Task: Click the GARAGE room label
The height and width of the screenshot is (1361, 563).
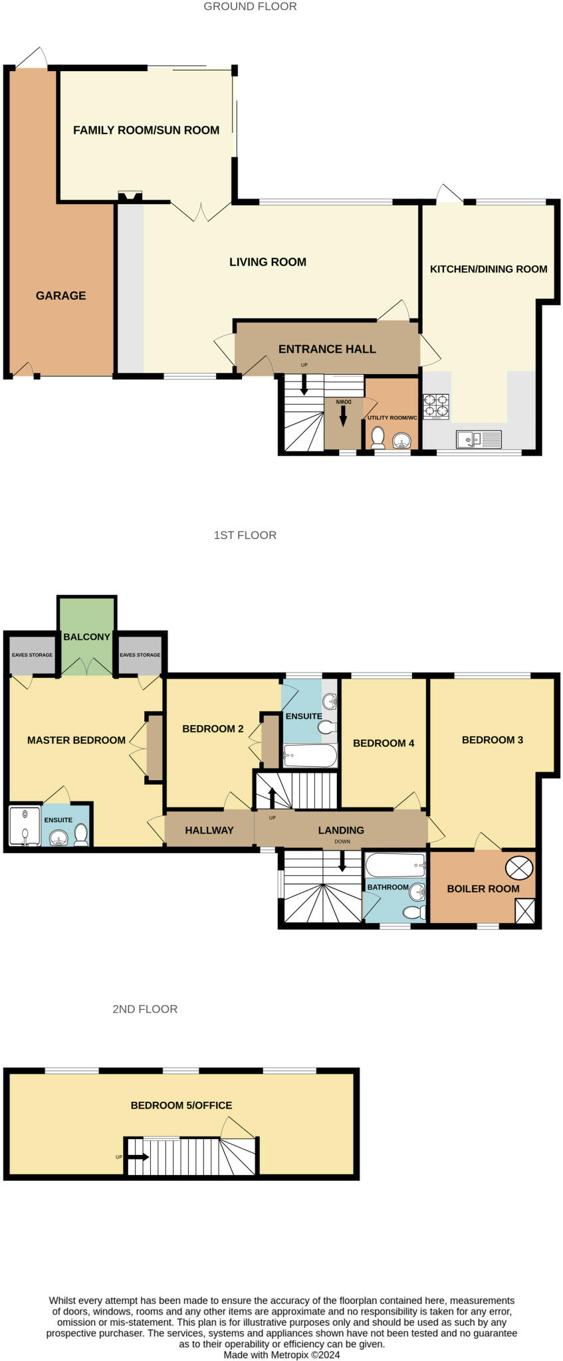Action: coord(60,296)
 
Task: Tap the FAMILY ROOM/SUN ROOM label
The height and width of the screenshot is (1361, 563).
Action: coord(146,130)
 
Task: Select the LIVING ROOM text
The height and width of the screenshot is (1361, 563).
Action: coord(268,262)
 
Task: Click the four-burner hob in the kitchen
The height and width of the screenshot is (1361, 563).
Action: coord(436,406)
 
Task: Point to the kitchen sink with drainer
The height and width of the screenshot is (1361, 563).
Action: coord(479,439)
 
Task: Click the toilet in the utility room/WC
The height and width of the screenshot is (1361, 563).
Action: coord(378,439)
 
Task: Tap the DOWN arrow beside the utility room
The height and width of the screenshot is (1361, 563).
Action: coord(343,416)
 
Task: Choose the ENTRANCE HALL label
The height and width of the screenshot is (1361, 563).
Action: coord(327,349)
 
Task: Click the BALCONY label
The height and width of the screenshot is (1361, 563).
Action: coord(87,637)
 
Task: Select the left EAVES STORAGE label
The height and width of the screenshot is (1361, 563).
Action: coord(32,655)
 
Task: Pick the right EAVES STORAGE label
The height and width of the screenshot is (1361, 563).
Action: coord(140,655)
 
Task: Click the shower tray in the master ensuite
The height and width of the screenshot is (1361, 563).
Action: coord(25,826)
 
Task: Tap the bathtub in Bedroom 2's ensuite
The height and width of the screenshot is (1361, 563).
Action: coord(310,756)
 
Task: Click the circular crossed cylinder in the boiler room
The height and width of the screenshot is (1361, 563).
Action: coord(519,867)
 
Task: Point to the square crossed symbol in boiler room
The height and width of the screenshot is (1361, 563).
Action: coord(525,910)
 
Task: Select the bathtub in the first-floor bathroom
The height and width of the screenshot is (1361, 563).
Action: coord(395,865)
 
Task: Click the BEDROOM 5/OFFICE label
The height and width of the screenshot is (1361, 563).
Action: coord(181,1105)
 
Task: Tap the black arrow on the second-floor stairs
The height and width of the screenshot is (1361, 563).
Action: coord(138,1156)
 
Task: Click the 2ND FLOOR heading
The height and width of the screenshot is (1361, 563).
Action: coord(145,1009)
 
